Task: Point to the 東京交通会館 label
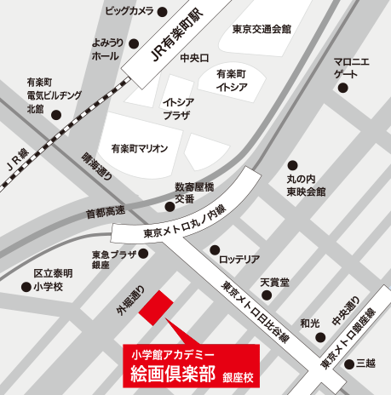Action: [262, 29]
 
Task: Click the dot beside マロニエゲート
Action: [342, 89]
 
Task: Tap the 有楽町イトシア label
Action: [231, 80]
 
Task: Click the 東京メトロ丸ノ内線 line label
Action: [184, 232]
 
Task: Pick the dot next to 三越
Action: [350, 364]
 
